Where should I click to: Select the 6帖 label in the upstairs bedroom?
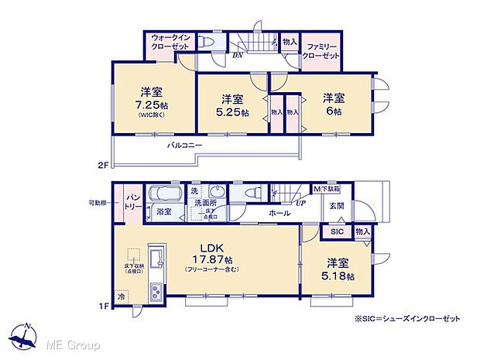(x=333, y=111)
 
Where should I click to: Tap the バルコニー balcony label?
(x=183, y=146)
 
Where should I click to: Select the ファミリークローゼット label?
(x=321, y=50)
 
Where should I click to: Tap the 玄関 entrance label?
(x=337, y=205)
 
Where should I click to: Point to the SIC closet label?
(x=337, y=231)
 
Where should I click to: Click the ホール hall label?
(x=279, y=213)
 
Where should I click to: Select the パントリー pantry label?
(x=132, y=204)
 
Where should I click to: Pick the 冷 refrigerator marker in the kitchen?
(x=122, y=295)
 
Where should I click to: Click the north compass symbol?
(x=25, y=334)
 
